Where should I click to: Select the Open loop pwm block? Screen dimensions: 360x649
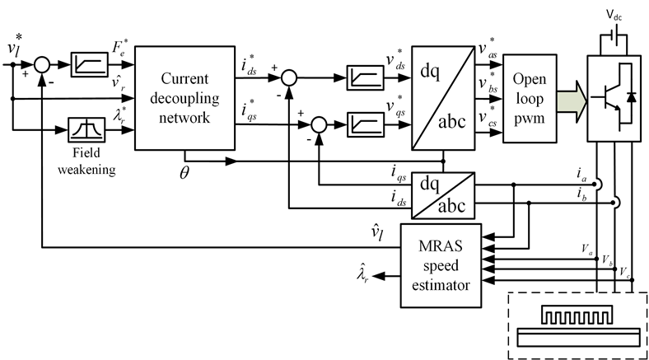point(527,98)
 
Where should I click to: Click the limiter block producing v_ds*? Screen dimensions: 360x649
point(362,79)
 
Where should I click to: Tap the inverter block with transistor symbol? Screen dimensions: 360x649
point(611,98)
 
